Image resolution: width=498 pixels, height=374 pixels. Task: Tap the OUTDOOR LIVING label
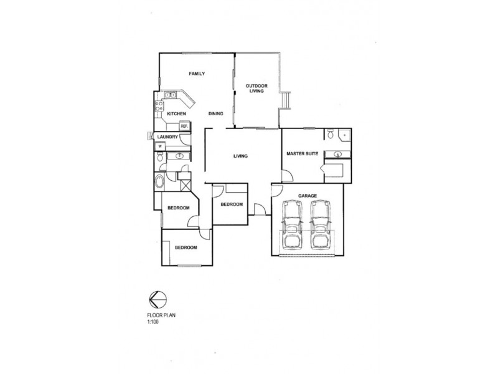pos(256,89)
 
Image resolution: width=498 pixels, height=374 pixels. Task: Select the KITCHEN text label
pos(177,114)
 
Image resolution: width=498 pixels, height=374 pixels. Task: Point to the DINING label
pos(215,113)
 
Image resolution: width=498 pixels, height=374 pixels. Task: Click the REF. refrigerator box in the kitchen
pos(184,126)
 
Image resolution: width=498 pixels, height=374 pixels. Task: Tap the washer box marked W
pos(160,146)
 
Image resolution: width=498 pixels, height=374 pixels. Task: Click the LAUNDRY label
pos(168,137)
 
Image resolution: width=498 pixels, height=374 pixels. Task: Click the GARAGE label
pos(308,195)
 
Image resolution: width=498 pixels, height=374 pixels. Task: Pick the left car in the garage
pos(291,225)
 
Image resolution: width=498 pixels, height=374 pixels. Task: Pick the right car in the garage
pos(320,225)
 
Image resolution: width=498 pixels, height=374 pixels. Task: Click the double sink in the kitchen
pos(169,96)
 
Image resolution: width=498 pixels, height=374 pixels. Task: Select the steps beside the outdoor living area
pos(286,100)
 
